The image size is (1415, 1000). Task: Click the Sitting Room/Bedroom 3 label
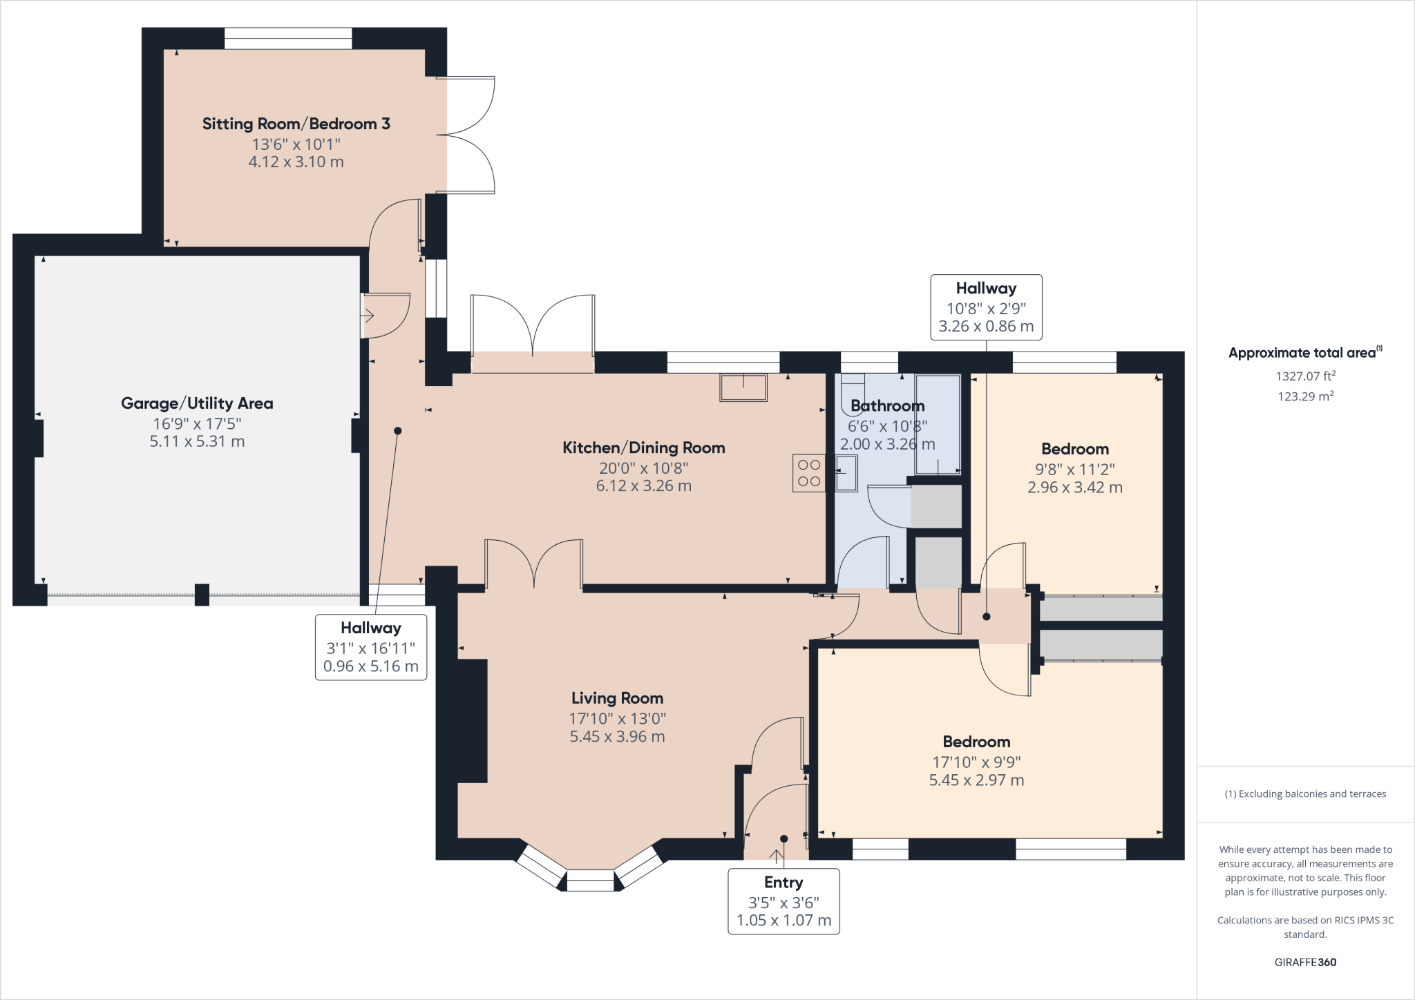coord(296,124)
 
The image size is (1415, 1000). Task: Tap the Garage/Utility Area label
coord(197,403)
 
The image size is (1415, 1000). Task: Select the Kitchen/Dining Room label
coord(644,448)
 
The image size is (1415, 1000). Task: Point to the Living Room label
coord(617,698)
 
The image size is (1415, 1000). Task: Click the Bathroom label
coord(887,406)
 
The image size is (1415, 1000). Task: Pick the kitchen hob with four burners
coord(809,472)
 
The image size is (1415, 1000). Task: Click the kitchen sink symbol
coord(743,387)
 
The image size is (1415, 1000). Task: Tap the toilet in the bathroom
coord(853,394)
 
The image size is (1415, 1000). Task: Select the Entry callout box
coord(784,901)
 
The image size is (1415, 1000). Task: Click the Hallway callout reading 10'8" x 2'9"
coord(986,307)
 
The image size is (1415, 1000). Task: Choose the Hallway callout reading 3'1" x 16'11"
coord(371,647)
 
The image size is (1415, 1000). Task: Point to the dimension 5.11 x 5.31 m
coord(197,441)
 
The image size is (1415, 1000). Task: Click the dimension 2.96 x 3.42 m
coord(1075,488)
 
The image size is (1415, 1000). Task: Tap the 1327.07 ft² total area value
coord(1305,376)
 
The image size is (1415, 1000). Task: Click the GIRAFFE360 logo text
coord(1305,962)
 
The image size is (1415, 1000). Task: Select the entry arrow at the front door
coord(777,857)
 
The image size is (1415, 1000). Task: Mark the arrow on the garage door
coord(367,316)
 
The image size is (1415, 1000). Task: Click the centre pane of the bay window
coord(590,880)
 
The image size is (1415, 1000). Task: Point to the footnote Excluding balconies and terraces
coord(1305,794)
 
